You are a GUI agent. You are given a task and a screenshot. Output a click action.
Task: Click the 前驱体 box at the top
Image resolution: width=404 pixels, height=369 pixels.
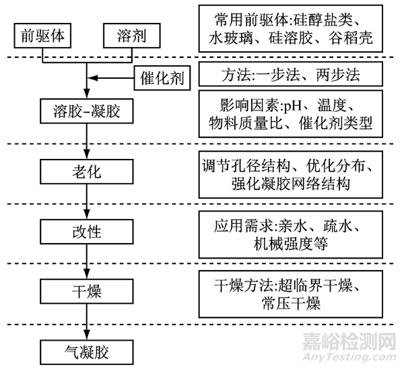pos(43,33)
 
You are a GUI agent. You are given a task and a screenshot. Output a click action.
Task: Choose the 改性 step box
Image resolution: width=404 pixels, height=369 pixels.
pos(86,232)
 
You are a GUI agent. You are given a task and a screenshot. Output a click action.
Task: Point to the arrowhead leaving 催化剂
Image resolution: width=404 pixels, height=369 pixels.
pos(94,79)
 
